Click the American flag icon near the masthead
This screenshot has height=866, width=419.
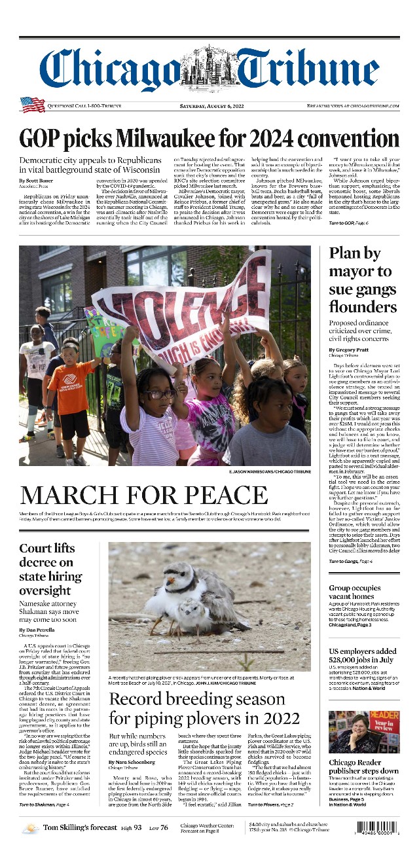click(32, 105)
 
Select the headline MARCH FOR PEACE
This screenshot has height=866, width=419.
click(144, 495)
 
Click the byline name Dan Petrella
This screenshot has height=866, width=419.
click(40, 630)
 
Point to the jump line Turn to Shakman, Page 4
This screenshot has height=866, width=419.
click(45, 804)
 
